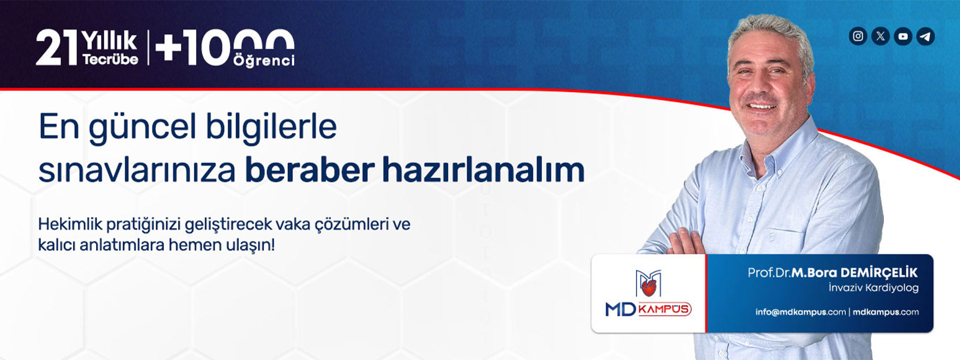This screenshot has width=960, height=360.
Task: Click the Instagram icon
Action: (x=858, y=36)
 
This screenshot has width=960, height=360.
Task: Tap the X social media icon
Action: (x=880, y=36)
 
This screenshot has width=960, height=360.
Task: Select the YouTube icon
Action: (x=903, y=36)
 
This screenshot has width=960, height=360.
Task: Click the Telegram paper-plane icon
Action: (x=925, y=36)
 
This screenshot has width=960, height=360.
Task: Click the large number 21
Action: (x=56, y=48)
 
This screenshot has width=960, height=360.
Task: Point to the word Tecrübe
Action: (x=110, y=59)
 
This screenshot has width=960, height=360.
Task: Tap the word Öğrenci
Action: (x=264, y=60)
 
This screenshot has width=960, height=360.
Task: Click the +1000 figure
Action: (x=224, y=47)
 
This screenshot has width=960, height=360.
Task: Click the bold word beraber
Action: (x=309, y=170)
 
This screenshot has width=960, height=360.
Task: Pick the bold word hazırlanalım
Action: (x=483, y=170)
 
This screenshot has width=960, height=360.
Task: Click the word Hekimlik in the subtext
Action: (x=70, y=224)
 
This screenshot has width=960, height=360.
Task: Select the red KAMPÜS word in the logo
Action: (x=664, y=309)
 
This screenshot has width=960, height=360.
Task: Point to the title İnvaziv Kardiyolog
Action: (x=873, y=288)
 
